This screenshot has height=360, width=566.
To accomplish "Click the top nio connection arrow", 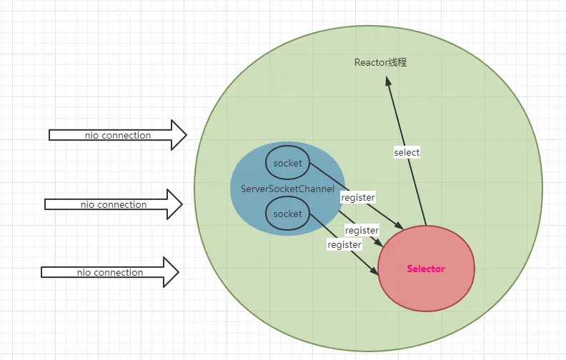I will [114, 135].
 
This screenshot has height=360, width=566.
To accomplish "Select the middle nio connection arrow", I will [111, 204].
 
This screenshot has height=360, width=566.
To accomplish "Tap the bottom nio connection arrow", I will [107, 272].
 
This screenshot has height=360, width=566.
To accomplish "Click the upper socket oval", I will [287, 164].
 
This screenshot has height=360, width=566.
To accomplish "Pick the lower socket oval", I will [287, 214].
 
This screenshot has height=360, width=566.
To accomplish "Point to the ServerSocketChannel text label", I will [287, 189].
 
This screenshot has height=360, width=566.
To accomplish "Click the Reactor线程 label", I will [380, 62].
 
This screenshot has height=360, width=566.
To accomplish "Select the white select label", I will [407, 152].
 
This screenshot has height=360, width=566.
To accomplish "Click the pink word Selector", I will [425, 269].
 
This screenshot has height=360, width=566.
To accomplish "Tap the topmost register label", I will [358, 196].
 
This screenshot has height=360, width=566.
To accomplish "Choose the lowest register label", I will [344, 244].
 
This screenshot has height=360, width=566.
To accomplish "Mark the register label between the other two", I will [362, 231].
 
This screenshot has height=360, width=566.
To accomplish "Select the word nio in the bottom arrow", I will [84, 272].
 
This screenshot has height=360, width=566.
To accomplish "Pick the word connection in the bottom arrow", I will [119, 272].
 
